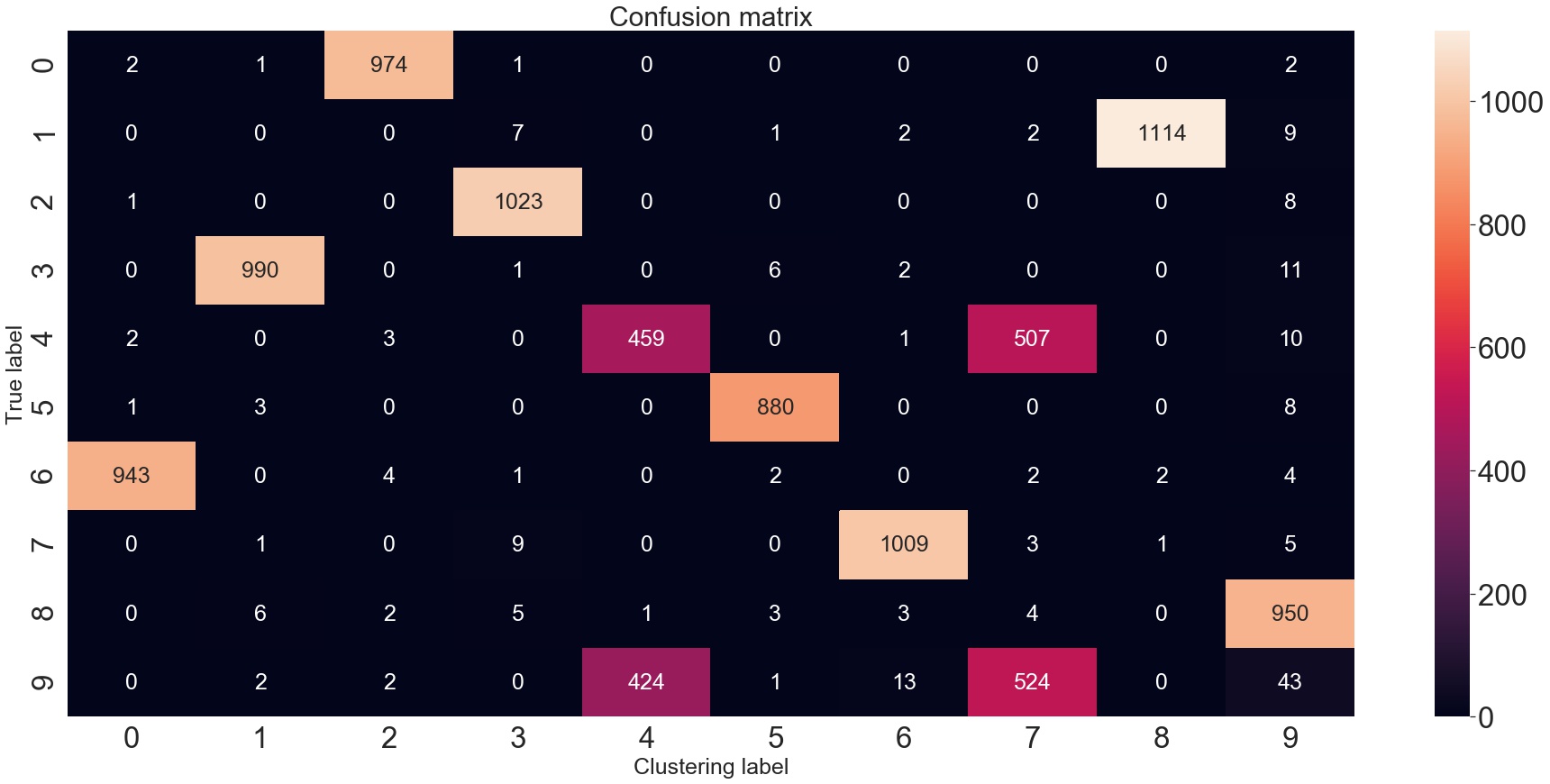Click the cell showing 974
point(388,65)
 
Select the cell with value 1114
point(1161,133)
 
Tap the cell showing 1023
point(517,202)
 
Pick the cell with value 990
point(260,270)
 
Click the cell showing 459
point(646,339)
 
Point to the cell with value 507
point(1032,339)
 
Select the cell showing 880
point(775,407)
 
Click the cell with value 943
point(131,476)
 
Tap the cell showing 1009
point(904,544)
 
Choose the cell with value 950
point(1290,614)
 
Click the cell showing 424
point(646,682)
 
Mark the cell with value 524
point(1032,682)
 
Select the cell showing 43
point(1290,682)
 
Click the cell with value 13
point(904,682)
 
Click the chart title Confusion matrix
point(710,16)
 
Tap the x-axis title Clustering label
point(710,767)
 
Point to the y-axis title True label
point(14,374)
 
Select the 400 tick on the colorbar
point(1501,471)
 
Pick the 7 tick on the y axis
point(41,544)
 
